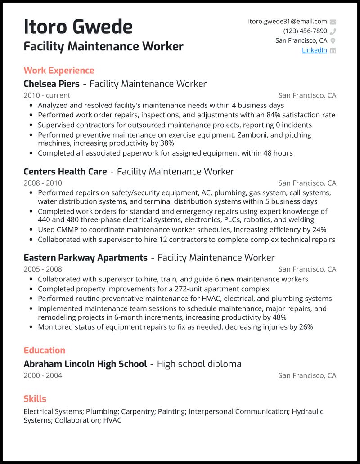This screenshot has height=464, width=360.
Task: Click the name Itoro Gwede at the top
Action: click(78, 27)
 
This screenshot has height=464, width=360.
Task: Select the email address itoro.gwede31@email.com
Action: click(288, 21)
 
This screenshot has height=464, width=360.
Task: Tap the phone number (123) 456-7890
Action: click(305, 31)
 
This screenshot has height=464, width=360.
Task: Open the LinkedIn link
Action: click(314, 50)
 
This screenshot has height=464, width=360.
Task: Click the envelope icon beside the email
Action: click(333, 22)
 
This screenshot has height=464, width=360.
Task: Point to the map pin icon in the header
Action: click(333, 41)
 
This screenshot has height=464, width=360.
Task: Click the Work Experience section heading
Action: click(58, 71)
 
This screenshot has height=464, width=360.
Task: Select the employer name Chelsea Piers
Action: click(51, 84)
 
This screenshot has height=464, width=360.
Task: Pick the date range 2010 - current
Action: click(47, 95)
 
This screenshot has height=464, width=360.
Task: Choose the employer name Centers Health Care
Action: click(65, 172)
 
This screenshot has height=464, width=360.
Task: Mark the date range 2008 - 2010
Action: click(43, 183)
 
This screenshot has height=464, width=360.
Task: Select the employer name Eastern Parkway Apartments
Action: click(85, 258)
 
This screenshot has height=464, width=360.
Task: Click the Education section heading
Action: click(44, 350)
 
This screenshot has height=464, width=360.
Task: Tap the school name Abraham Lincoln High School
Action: click(85, 364)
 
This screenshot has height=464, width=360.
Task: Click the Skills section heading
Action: click(35, 399)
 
